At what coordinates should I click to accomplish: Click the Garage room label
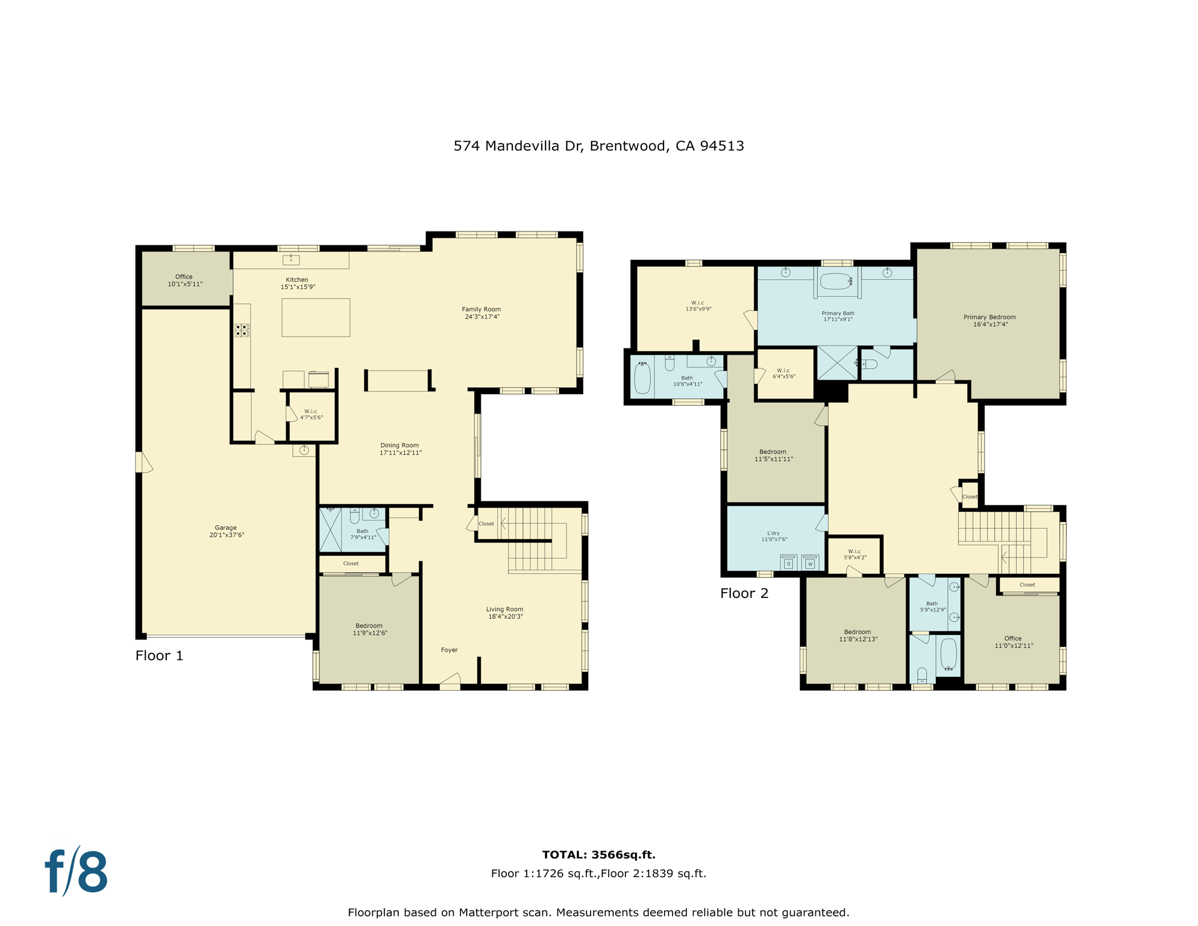226,528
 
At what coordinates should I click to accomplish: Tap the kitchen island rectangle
316,318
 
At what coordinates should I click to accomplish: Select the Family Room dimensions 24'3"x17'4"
482,317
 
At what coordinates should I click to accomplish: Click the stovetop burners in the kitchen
242,330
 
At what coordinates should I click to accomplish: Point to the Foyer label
450,650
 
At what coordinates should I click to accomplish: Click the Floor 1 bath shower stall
330,530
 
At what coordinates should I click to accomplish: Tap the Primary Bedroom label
989,317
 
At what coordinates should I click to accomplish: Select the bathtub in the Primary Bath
837,282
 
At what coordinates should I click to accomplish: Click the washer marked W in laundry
810,563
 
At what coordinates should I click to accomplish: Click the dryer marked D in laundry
788,563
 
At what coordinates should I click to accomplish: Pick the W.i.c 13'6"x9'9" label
698,306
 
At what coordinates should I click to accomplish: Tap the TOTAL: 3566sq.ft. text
598,855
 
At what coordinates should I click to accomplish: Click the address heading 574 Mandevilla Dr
598,146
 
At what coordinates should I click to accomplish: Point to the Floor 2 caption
744,593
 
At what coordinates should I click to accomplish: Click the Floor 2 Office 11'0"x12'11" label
1014,642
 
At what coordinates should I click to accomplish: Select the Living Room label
505,609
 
